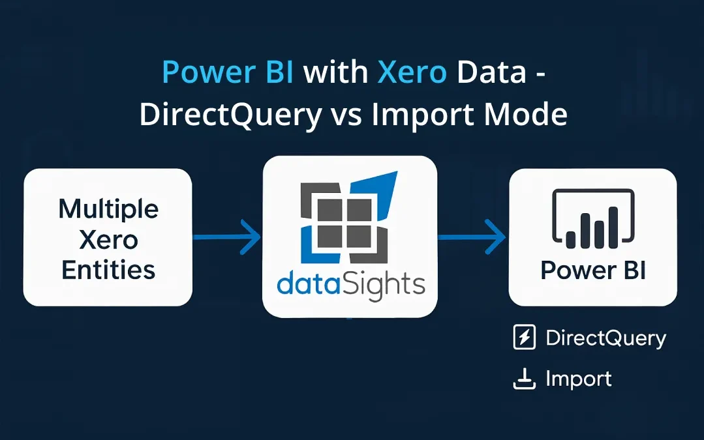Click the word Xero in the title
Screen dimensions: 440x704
[412, 73]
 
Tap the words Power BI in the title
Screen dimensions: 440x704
[232, 73]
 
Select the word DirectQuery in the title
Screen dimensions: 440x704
[230, 115]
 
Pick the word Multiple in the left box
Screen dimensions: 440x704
[108, 209]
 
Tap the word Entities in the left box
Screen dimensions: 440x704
[108, 269]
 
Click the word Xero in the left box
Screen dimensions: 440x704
[108, 240]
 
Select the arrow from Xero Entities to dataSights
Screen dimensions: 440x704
[228, 237]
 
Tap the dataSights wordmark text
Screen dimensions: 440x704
[350, 285]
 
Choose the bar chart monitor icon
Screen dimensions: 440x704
[593, 219]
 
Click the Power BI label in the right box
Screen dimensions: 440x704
[593, 270]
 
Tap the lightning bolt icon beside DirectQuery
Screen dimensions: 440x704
[525, 338]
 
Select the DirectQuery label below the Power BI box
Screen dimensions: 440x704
[605, 338]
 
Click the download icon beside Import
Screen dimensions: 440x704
[525, 379]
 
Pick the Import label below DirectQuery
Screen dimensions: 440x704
[579, 379]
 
